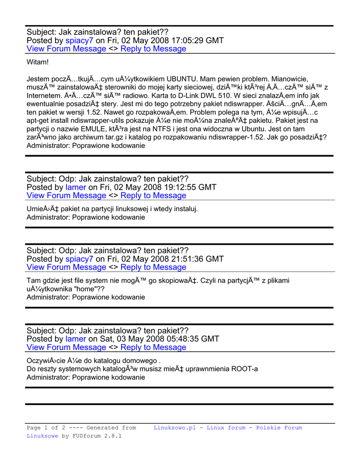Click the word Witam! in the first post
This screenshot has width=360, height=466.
tap(37, 62)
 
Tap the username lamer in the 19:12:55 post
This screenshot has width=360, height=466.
tap(76, 187)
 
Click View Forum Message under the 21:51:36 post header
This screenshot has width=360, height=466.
tap(66, 267)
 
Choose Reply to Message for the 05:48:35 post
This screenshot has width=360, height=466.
tap(153, 347)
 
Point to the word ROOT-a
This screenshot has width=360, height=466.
tap(244, 369)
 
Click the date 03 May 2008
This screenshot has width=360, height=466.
tap(132, 339)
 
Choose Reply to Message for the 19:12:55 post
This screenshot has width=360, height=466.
tap(153, 195)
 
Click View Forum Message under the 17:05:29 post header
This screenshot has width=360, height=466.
tap(66, 49)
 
